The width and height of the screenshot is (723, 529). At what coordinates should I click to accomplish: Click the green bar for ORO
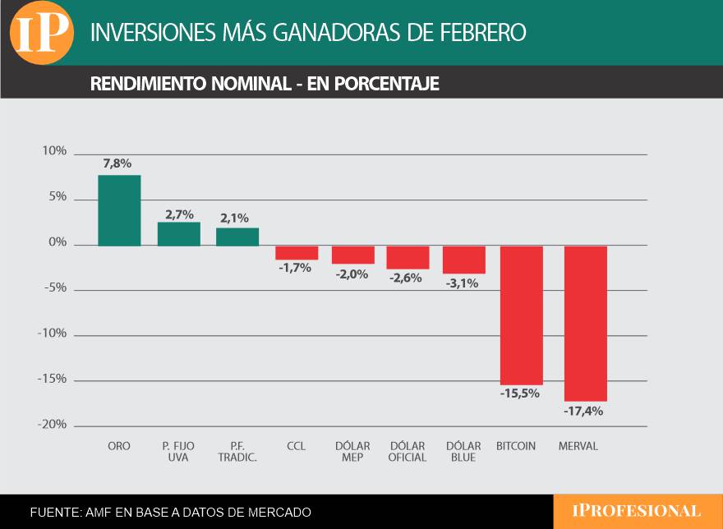click(x=119, y=210)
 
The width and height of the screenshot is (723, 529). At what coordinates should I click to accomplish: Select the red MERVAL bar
click(x=586, y=323)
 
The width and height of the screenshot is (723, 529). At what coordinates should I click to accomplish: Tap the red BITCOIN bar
click(x=522, y=315)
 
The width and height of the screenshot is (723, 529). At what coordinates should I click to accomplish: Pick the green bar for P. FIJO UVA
click(x=179, y=234)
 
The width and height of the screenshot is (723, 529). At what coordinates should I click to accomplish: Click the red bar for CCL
click(x=297, y=252)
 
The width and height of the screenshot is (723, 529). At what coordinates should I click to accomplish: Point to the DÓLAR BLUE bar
click(x=464, y=260)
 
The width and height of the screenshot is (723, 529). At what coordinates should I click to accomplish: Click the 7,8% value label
click(x=117, y=163)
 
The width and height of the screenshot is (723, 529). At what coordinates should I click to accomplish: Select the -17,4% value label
click(x=583, y=411)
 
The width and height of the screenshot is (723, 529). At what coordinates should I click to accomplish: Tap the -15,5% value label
click(x=520, y=393)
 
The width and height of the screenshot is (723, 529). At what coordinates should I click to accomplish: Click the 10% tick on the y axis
click(x=54, y=151)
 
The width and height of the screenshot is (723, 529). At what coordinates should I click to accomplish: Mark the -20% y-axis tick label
click(x=52, y=424)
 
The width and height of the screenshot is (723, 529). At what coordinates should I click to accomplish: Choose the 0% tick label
click(x=58, y=242)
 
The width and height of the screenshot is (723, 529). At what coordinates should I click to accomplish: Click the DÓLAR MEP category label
click(x=352, y=451)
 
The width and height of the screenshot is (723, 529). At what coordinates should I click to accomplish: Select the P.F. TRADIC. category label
click(x=237, y=451)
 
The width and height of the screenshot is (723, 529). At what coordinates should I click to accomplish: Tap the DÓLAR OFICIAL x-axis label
click(x=408, y=451)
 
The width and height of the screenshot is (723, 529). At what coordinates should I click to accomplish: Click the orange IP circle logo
click(x=42, y=32)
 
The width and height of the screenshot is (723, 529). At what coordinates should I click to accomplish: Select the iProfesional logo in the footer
click(x=637, y=511)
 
